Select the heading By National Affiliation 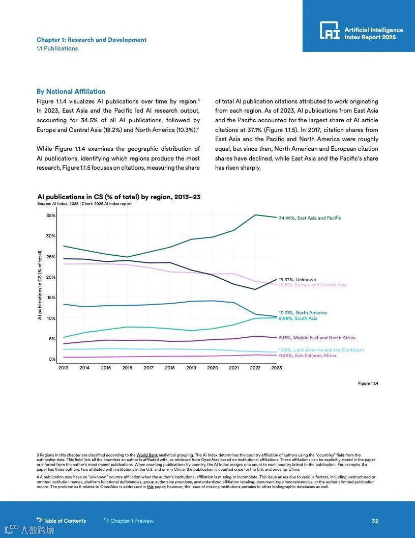point(71,92)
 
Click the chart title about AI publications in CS point(119,197)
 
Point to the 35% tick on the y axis point(51,216)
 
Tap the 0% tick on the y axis point(52,359)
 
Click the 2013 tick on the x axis point(64,368)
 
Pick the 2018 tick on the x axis point(170,368)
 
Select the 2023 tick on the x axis point(276,368)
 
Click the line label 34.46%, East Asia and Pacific point(310,218)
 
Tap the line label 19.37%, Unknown point(297,280)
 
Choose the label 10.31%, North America point(303,313)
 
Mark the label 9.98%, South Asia point(298,318)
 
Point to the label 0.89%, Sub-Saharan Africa point(307,356)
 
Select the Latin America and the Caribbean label point(321,350)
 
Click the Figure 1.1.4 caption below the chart point(368,383)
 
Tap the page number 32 point(375,521)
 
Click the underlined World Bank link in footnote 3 point(146,455)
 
